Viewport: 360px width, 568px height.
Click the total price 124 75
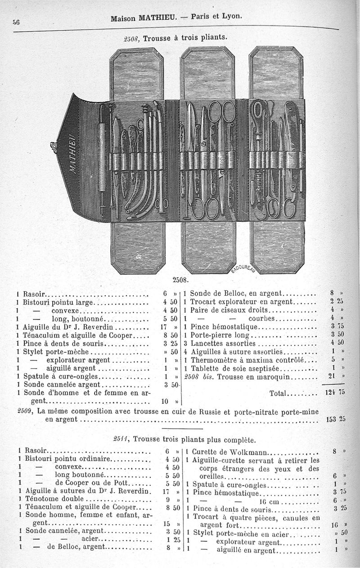[x=334, y=392]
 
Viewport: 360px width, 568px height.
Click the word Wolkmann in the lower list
[x=250, y=452]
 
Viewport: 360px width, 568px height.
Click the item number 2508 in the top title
[x=131, y=39]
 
